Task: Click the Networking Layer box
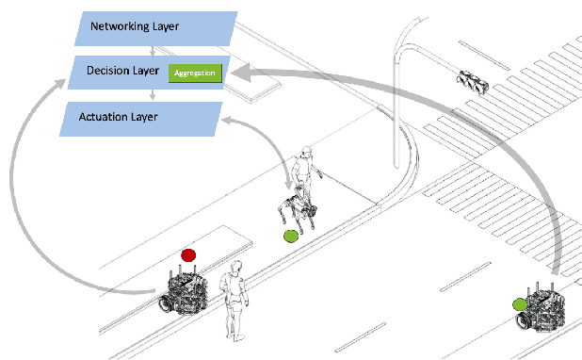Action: point(156,28)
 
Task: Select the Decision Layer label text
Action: point(122,71)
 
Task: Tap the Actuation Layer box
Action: point(141,119)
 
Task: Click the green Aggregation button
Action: point(195,74)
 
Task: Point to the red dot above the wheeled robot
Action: point(188,255)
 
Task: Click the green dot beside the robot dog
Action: point(291,237)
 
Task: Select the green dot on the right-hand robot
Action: point(520,304)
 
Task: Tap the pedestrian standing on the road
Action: point(234,301)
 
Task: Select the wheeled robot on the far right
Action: point(542,307)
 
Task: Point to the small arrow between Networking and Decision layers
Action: point(153,51)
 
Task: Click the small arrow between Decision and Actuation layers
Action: point(153,95)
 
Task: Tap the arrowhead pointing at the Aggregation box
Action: point(240,73)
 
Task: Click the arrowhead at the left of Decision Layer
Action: point(60,84)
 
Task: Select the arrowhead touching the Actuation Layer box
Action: point(227,121)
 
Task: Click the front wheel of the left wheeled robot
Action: point(166,303)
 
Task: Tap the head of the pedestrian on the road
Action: point(236,267)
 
